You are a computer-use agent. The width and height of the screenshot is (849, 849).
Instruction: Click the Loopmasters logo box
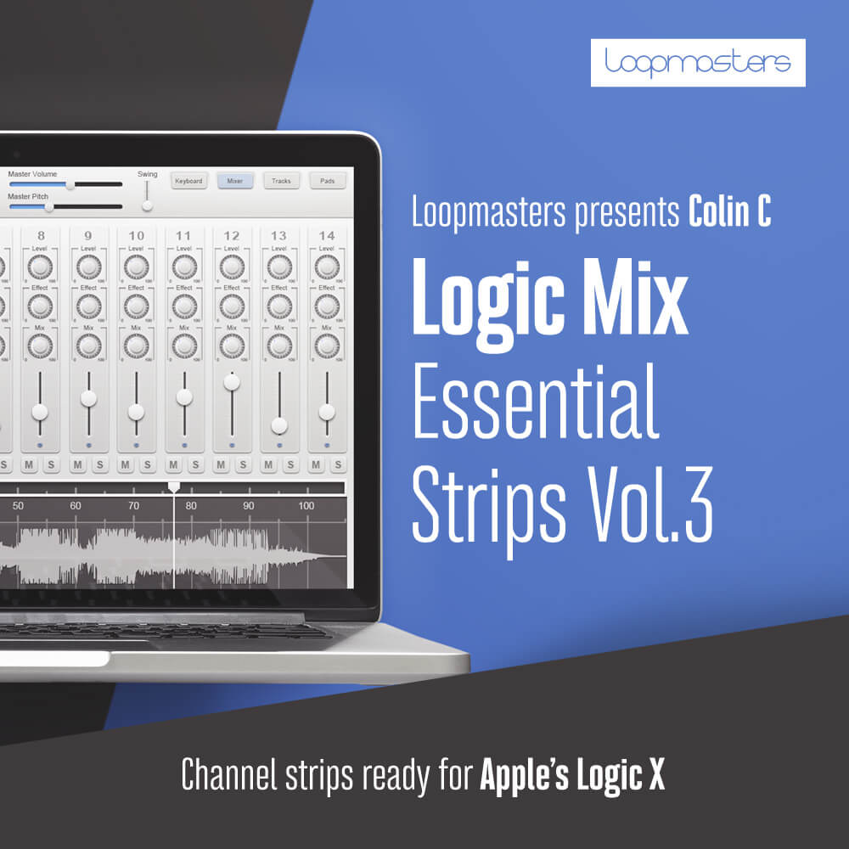pos(698,62)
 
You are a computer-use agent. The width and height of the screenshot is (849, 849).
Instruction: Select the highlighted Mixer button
pos(235,181)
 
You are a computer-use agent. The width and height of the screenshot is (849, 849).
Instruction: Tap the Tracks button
pos(281,181)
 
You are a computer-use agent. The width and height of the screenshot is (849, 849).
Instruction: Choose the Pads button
pos(327,181)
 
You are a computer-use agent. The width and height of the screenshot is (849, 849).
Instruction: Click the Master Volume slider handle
pos(70,183)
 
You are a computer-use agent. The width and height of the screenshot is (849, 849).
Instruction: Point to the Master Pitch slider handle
pos(49,206)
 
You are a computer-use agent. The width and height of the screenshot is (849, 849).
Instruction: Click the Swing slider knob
pos(147,205)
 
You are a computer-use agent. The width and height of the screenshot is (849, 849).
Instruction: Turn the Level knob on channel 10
pos(136,267)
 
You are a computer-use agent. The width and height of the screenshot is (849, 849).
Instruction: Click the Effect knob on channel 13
pos(278,306)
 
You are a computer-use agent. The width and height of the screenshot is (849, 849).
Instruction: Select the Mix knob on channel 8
pos(41,346)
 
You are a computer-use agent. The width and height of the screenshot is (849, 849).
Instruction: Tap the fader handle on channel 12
pos(231,382)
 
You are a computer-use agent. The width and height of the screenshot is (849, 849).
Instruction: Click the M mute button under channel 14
pos(316,464)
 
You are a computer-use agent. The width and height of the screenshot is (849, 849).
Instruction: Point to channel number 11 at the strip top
pos(183,235)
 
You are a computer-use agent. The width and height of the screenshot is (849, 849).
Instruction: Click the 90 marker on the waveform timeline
pos(248,506)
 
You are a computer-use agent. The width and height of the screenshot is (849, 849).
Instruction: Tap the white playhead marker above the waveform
pos(174,486)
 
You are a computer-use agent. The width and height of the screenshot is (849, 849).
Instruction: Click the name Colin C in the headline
pos(730,213)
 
